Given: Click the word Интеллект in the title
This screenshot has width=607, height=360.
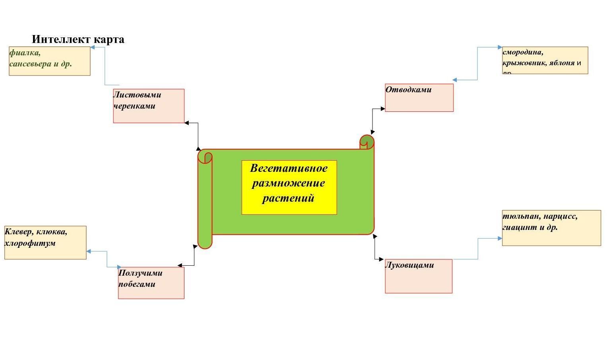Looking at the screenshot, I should click(62, 39).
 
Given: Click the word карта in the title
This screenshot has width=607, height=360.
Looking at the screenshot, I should click(109, 39).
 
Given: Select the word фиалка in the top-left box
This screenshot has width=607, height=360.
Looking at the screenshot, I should click(25, 53).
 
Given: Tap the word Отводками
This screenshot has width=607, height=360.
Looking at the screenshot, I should click(409, 90).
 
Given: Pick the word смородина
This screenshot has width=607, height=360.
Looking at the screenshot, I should click(523, 52).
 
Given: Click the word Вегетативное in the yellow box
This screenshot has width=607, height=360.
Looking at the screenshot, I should click(289, 168).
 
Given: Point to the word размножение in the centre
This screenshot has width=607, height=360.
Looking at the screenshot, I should click(289, 183).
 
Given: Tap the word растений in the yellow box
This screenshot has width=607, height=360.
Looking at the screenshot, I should click(289, 198).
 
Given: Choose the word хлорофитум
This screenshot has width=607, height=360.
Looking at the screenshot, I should click(30, 243).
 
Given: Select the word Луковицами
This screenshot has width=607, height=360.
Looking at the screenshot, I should click(410, 265).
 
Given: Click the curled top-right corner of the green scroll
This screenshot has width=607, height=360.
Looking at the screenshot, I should click(367, 142).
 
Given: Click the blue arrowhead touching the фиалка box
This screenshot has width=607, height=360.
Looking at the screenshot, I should click(92, 47).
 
